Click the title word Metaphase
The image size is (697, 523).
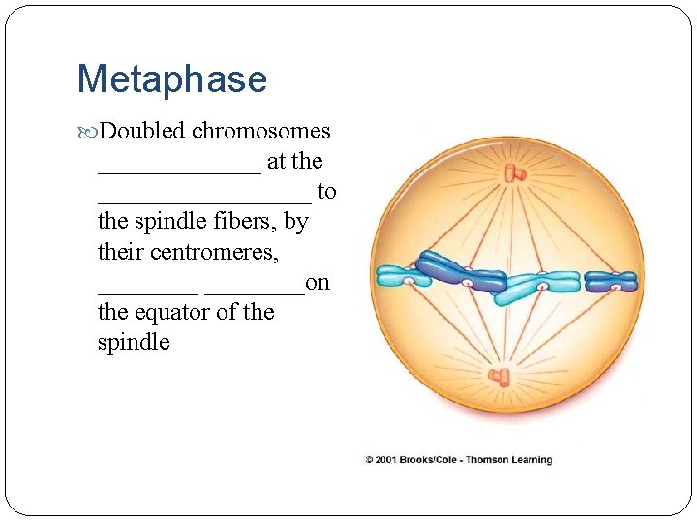click(x=171, y=79)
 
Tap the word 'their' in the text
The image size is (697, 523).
click(x=120, y=252)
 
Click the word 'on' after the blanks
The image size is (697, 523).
click(x=318, y=282)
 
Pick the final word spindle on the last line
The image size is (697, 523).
click(x=134, y=342)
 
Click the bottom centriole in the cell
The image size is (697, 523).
click(x=501, y=377)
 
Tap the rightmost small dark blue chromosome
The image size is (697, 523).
click(x=612, y=282)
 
